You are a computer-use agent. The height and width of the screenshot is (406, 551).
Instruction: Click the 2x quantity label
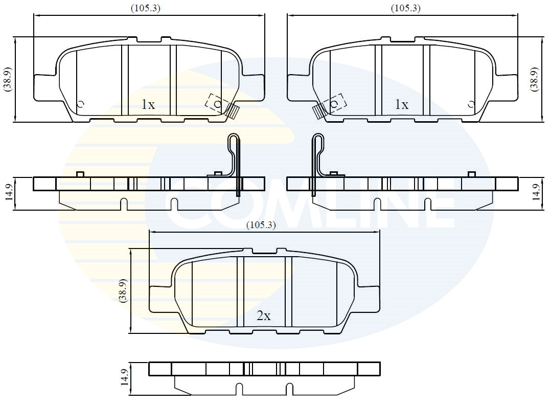(x=264, y=316)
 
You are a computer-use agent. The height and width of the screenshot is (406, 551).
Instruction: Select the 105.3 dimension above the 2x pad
(x=261, y=224)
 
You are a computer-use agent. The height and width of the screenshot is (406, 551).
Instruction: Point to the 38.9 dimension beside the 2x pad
(x=123, y=290)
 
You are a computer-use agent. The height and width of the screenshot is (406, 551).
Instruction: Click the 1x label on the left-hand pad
(x=148, y=105)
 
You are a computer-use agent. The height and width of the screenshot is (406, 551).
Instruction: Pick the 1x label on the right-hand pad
(x=402, y=105)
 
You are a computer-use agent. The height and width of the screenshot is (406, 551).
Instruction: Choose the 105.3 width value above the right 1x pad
(x=406, y=8)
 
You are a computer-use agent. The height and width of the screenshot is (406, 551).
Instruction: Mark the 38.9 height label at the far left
(x=8, y=79)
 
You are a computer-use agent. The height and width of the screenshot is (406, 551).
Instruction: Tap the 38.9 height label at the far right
(x=534, y=79)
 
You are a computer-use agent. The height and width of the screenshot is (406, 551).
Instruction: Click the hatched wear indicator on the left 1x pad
(x=233, y=111)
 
